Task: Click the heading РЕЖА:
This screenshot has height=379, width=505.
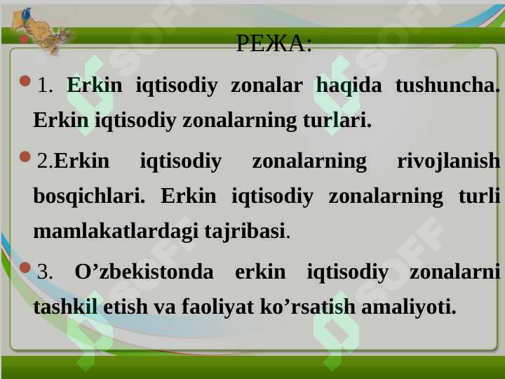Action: [x=274, y=44]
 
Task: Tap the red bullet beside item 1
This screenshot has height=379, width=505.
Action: [x=25, y=81]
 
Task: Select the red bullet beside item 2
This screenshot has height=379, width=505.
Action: [x=25, y=157]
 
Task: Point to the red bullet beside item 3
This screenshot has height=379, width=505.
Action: [x=25, y=267]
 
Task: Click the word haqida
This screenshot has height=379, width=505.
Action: [x=349, y=86]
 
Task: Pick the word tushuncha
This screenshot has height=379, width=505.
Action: [x=447, y=86]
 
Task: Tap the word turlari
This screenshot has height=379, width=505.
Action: [x=337, y=120]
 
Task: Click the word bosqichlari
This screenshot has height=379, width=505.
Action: [x=89, y=197]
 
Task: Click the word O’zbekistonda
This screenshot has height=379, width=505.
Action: [x=144, y=272]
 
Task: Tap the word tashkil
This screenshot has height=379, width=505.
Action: [x=65, y=306]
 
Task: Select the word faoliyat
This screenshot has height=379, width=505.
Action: [x=217, y=307]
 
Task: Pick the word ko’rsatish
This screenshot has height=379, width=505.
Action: [x=308, y=306]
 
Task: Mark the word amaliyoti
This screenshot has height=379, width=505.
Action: [x=409, y=307]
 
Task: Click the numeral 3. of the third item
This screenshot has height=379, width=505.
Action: [x=45, y=272]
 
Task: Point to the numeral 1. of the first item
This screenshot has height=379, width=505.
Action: [x=45, y=86]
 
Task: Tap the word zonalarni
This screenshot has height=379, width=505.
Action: [x=454, y=272]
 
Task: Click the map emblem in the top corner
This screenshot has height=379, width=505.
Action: [x=40, y=32]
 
